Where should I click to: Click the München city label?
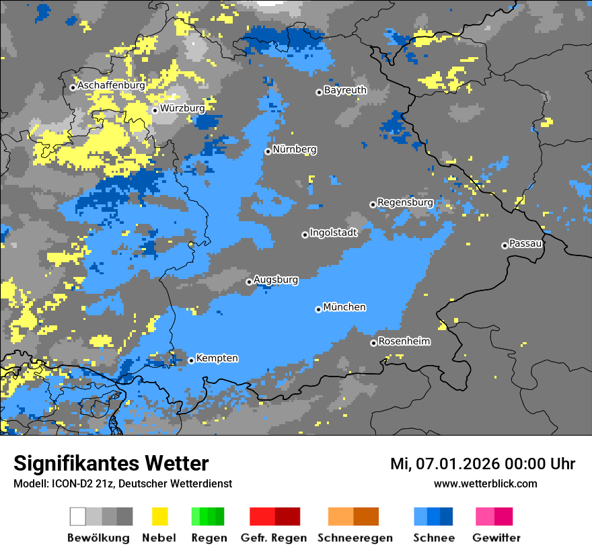(x=344, y=307)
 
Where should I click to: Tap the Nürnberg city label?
(x=295, y=149)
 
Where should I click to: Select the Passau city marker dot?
(x=505, y=245)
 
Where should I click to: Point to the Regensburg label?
(x=405, y=202)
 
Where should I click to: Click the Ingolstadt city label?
(x=333, y=233)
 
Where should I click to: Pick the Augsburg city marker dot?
(x=249, y=282)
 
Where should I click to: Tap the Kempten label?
(x=217, y=358)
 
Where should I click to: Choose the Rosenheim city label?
(x=404, y=342)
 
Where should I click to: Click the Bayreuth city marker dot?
(x=319, y=92)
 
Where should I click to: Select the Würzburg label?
(x=182, y=108)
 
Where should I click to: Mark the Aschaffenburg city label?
(x=111, y=85)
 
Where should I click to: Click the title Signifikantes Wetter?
(x=111, y=464)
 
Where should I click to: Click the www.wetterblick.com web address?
(x=485, y=483)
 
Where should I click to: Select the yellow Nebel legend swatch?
(x=159, y=516)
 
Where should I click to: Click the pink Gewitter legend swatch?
(x=485, y=516)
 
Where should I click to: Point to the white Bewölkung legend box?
(x=78, y=516)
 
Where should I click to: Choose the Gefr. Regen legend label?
(x=274, y=538)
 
